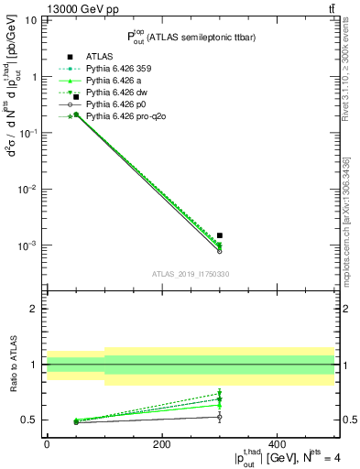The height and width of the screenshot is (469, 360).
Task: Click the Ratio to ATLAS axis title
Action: click(x=12, y=364)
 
